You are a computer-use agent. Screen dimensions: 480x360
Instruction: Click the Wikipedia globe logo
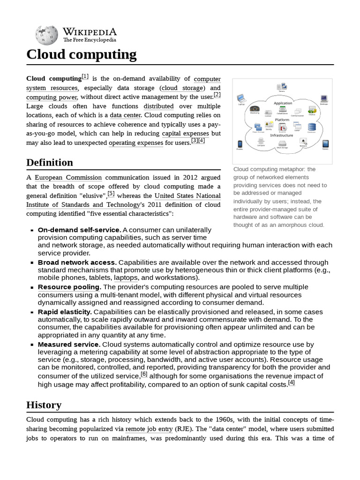(x=45, y=34)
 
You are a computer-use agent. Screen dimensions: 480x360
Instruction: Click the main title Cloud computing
(x=82, y=55)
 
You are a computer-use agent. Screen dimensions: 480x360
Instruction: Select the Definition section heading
(x=50, y=163)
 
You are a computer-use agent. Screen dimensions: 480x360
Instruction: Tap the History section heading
(x=44, y=405)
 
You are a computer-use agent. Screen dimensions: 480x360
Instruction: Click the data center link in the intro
(x=125, y=115)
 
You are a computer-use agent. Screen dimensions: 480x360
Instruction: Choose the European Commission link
(x=68, y=178)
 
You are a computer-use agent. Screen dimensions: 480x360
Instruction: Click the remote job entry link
(x=149, y=428)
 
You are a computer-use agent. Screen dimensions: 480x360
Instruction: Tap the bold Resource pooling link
(x=69, y=287)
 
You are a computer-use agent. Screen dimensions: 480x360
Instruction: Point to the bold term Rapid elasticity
(x=64, y=312)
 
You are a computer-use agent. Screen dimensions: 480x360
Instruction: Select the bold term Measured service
(x=68, y=344)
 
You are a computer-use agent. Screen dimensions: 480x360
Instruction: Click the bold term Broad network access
(x=77, y=262)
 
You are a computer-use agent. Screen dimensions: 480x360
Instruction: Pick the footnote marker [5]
(x=111, y=193)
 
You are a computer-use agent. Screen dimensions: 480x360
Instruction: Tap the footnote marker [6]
(x=144, y=374)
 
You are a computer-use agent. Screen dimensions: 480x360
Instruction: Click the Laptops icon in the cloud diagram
(x=241, y=99)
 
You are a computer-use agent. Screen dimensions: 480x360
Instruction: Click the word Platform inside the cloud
(x=282, y=120)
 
